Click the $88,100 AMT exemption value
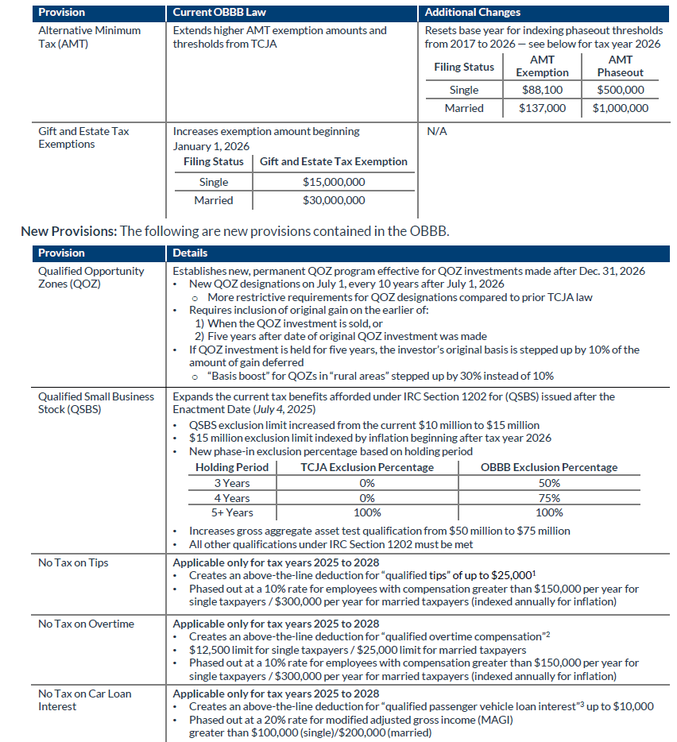pyautogui.click(x=542, y=90)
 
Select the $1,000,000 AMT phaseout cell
pyautogui.click(x=620, y=108)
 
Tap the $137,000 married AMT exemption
pyautogui.click(x=542, y=108)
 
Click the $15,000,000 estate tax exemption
pyautogui.click(x=334, y=182)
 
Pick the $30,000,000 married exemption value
pyautogui.click(x=334, y=200)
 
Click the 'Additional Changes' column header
pyautogui.click(x=473, y=13)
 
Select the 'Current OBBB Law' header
pyautogui.click(x=212, y=13)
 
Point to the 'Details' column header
pyautogui.click(x=191, y=253)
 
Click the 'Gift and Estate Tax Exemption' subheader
pyautogui.click(x=334, y=161)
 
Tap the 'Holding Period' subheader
pyautogui.click(x=232, y=467)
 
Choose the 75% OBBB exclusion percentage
pyautogui.click(x=549, y=498)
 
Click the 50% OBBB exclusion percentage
pyautogui.click(x=549, y=483)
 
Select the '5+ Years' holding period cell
pyautogui.click(x=232, y=513)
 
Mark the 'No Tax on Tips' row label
pyautogui.click(x=73, y=563)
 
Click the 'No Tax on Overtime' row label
pyautogui.click(x=85, y=624)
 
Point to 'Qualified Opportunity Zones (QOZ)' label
pyautogui.click(x=91, y=277)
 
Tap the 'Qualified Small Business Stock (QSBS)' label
pyautogui.click(x=96, y=403)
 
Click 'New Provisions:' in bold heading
pyautogui.click(x=68, y=231)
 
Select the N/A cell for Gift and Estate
pyautogui.click(x=437, y=131)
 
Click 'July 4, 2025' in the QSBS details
pyautogui.click(x=270, y=409)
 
